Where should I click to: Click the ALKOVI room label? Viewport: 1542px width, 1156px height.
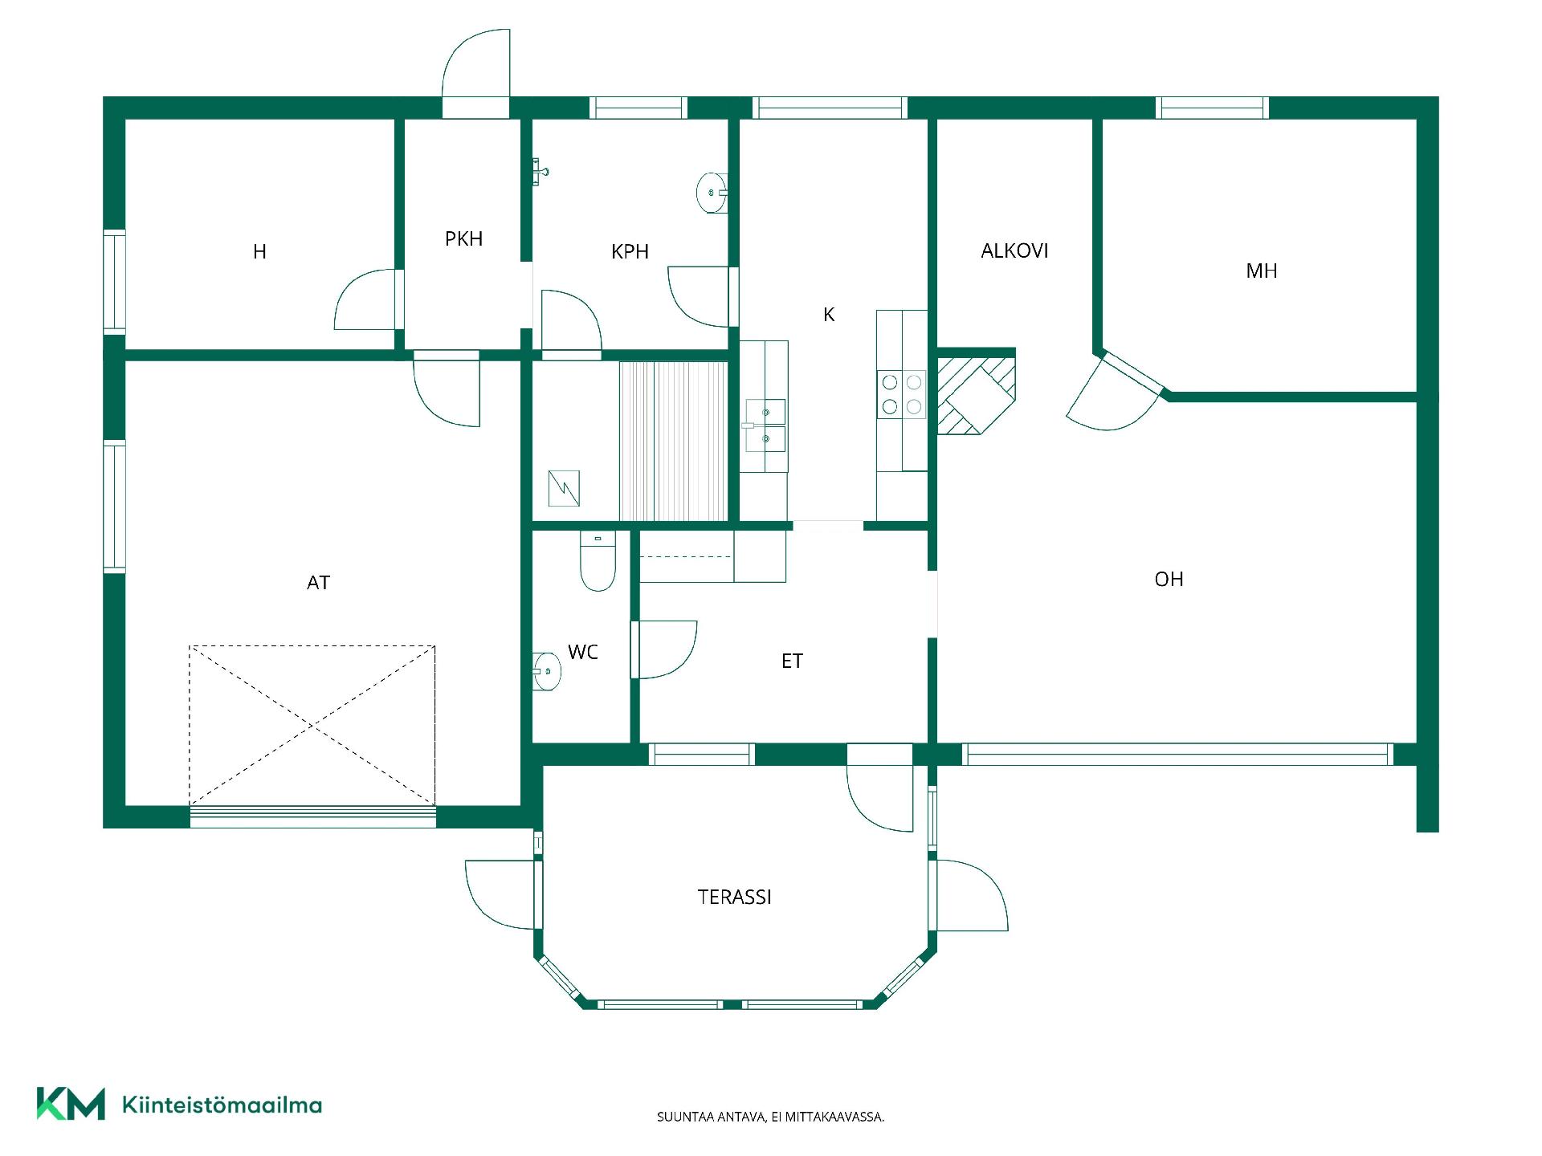click(x=1014, y=251)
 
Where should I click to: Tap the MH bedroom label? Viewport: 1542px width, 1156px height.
click(x=1261, y=271)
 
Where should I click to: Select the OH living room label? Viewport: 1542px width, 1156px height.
click(x=1169, y=580)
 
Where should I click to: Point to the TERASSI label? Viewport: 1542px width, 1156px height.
click(x=734, y=898)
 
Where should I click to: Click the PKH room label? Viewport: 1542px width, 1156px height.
click(x=463, y=238)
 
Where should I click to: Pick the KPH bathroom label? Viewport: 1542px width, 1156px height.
click(x=630, y=252)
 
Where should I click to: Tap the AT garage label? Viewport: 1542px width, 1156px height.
click(x=318, y=583)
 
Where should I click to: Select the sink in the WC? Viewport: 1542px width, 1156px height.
click(x=547, y=671)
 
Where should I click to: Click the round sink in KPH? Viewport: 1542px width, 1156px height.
click(x=712, y=193)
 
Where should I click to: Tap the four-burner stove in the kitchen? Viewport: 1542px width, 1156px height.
click(x=901, y=394)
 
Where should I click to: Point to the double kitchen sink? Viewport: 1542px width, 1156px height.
click(x=764, y=425)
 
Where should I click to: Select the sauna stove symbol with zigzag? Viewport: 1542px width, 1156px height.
click(x=564, y=488)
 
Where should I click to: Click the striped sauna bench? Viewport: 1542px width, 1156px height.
click(x=673, y=442)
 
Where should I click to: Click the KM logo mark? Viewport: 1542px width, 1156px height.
click(x=71, y=1104)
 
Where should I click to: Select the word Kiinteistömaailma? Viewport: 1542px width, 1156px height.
click(x=222, y=1105)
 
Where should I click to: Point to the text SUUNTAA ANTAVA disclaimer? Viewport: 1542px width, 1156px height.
click(x=770, y=1117)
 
